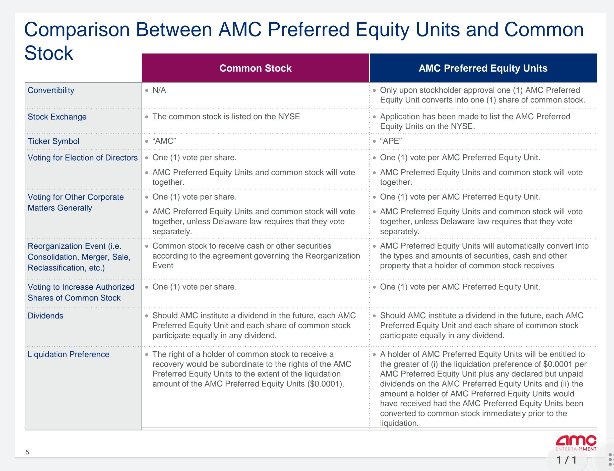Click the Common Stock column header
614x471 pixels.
click(255, 68)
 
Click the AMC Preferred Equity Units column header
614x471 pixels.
click(483, 68)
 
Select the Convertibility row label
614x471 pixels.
click(51, 90)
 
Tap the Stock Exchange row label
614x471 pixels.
click(57, 117)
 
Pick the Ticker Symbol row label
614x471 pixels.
click(53, 141)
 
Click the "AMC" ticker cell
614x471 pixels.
click(164, 141)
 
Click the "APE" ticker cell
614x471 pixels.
click(391, 141)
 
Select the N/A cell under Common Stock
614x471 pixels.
click(159, 90)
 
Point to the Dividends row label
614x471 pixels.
click(46, 316)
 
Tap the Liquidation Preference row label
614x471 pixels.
click(68, 354)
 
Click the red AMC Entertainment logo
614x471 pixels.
click(576, 442)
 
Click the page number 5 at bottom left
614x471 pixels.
click(27, 452)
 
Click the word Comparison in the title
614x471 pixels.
click(77, 29)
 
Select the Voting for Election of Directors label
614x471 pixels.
click(83, 158)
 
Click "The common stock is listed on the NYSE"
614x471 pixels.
click(226, 116)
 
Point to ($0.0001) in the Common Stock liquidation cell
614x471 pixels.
click(325, 384)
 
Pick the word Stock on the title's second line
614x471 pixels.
click(49, 53)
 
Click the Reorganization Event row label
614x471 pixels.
click(79, 257)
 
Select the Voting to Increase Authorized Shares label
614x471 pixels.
click(81, 292)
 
